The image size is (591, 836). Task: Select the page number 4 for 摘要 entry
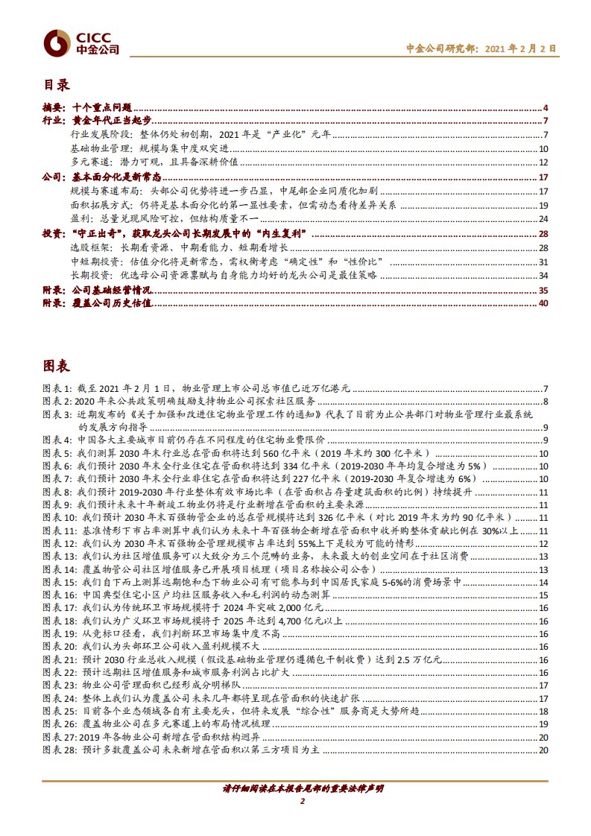(x=546, y=109)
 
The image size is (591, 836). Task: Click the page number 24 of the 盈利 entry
(x=543, y=218)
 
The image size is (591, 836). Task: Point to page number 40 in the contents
(x=543, y=303)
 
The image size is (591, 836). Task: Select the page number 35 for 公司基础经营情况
(x=543, y=290)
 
